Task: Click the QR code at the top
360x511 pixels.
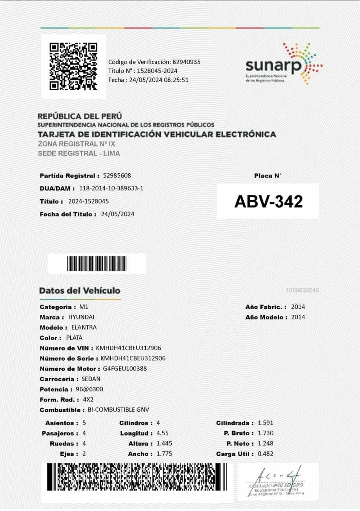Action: (73, 66)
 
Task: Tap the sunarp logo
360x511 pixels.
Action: (283, 64)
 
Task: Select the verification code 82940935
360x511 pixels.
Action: (186, 62)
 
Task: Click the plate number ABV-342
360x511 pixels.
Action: (268, 201)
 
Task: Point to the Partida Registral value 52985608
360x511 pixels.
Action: (117, 175)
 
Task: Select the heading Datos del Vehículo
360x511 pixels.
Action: (80, 291)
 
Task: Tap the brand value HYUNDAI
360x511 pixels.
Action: (81, 317)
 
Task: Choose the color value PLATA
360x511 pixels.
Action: (75, 338)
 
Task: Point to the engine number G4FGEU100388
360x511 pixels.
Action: (125, 369)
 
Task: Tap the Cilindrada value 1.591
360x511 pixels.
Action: (265, 423)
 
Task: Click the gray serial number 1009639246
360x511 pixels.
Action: (302, 290)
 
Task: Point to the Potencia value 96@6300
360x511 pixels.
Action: (89, 389)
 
